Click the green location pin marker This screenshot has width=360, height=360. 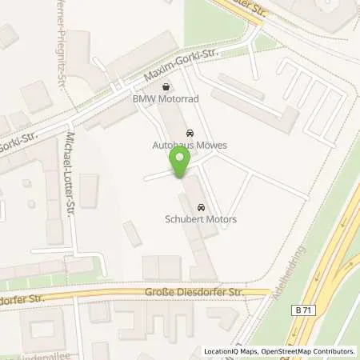tap(180, 162)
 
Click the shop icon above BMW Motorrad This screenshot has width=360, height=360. tap(166, 87)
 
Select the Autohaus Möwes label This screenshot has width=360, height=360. tap(190, 146)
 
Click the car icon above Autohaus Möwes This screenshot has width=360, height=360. tap(189, 133)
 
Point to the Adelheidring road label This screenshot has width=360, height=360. tap(290, 275)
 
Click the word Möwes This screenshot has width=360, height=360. tap(211, 146)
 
